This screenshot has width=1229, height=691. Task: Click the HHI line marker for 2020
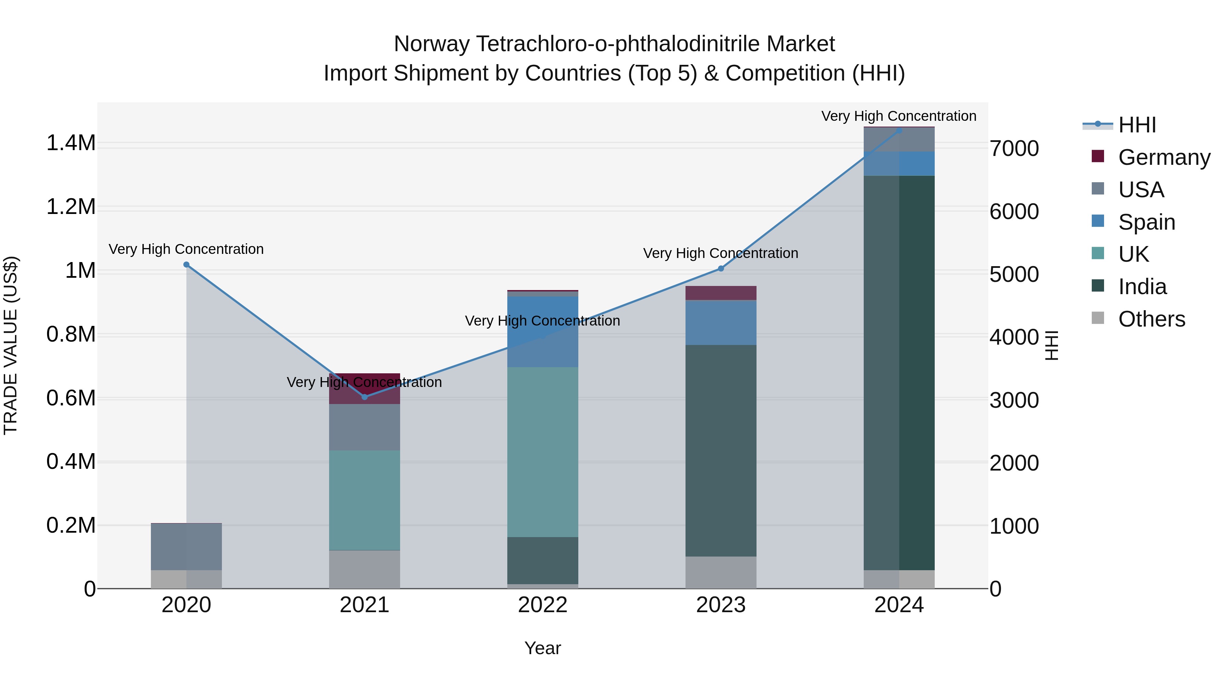coord(186,265)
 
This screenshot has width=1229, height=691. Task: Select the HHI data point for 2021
coord(365,397)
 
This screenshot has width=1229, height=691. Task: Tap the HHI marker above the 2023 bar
coord(721,269)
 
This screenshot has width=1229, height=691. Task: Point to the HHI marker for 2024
coord(899,130)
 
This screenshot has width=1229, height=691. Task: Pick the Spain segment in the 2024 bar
coord(899,163)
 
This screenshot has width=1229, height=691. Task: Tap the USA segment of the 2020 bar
coord(186,547)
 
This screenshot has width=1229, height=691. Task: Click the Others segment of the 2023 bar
coord(721,572)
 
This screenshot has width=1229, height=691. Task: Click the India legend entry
coord(1142,287)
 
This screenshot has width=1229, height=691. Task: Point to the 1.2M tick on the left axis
coord(71,207)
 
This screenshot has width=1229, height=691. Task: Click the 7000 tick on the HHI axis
coord(1014,148)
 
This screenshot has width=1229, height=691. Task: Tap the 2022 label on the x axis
coord(542,605)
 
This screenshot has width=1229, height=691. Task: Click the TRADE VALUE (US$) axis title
coord(11,345)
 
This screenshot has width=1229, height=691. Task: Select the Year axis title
coord(542,648)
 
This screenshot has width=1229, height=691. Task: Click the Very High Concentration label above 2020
coord(186,249)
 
